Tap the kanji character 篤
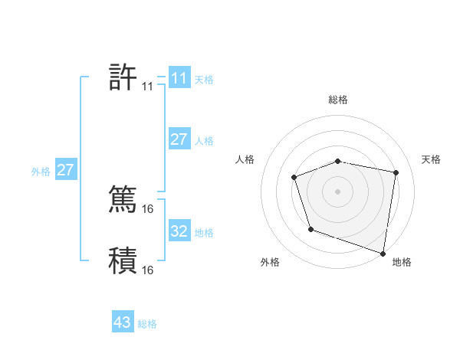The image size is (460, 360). (x=123, y=198)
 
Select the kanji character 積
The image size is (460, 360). (x=123, y=260)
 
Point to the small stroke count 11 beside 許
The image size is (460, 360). (x=147, y=87)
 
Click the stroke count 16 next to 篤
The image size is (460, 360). (x=148, y=208)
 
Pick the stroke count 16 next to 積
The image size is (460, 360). (x=148, y=270)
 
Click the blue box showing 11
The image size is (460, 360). (x=179, y=77)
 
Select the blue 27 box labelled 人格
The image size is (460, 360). (x=179, y=139)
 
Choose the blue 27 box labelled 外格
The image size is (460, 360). (x=66, y=169)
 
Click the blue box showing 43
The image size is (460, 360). (x=122, y=322)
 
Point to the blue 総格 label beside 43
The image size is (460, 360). (x=147, y=324)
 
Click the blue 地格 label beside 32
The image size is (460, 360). (x=204, y=233)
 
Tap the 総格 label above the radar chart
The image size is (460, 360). (x=338, y=100)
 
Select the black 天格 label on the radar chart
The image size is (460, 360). (x=431, y=159)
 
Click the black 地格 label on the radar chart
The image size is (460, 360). (x=402, y=262)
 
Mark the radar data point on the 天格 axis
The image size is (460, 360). (x=396, y=173)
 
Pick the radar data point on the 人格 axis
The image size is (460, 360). (x=294, y=178)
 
